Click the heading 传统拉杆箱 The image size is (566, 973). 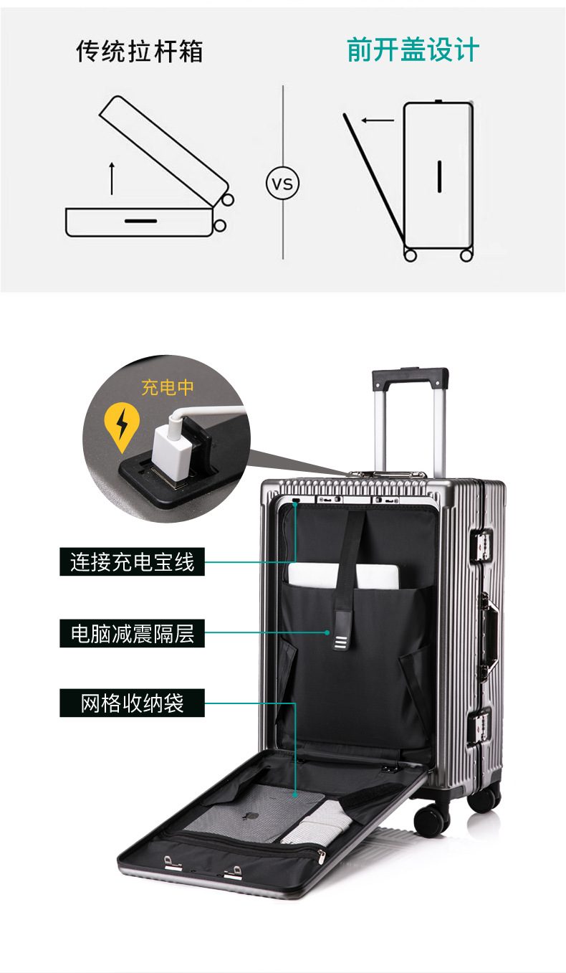[140, 52]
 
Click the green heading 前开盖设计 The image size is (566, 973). [413, 51]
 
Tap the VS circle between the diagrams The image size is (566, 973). [283, 184]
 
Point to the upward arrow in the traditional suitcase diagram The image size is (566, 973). [112, 179]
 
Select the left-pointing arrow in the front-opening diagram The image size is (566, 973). [377, 120]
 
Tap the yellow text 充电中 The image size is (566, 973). [168, 388]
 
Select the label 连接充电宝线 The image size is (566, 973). [132, 561]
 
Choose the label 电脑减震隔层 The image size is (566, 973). [132, 633]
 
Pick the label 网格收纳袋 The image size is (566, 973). [132, 703]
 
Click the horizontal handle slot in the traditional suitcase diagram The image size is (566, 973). [140, 220]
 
